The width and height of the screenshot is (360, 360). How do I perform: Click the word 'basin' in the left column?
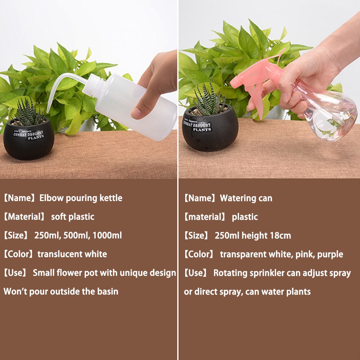108,291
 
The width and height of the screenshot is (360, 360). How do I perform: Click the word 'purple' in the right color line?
330,255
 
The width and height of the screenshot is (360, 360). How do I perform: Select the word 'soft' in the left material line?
59,217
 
